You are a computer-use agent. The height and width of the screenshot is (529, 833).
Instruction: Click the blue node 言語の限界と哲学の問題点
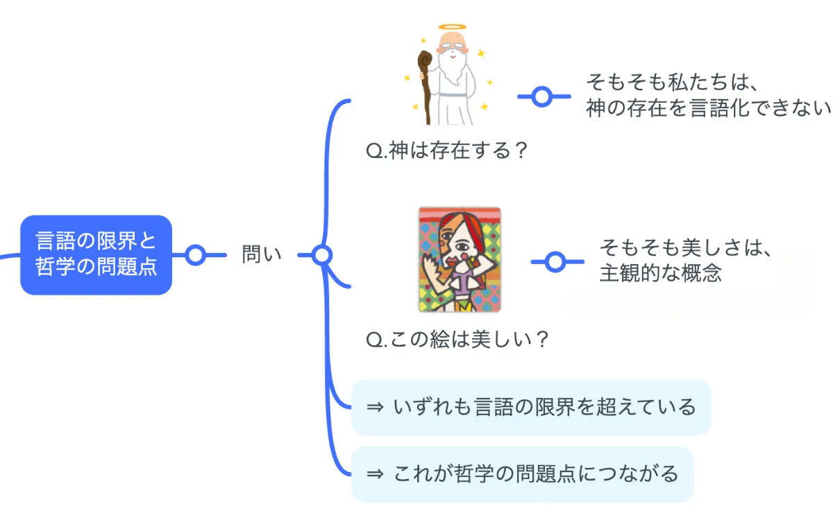point(96,255)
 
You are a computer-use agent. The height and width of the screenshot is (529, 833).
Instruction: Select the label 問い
point(262,254)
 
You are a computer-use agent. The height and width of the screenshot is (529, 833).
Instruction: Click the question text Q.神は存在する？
point(448,151)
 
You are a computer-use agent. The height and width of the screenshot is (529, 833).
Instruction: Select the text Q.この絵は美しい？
point(458,340)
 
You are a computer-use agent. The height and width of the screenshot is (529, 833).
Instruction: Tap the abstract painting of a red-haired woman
point(460,259)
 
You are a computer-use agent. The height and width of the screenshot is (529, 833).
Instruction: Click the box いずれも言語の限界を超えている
point(531,407)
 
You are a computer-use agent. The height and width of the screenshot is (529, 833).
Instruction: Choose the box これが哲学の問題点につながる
point(522,474)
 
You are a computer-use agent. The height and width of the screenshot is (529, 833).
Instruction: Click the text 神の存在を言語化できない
point(708,108)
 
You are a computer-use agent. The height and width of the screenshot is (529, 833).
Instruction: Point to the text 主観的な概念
point(661,272)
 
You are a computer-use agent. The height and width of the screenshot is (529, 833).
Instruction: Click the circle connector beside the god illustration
point(542,96)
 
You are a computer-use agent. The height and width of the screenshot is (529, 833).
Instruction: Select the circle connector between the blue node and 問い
point(196,254)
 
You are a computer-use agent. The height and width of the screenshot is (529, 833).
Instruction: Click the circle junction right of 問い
point(321,255)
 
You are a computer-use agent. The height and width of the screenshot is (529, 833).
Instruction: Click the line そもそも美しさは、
point(686,248)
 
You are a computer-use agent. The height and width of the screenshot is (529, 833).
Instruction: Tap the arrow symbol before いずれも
point(375,407)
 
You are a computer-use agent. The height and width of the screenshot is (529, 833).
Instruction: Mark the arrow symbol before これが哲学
point(375,474)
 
